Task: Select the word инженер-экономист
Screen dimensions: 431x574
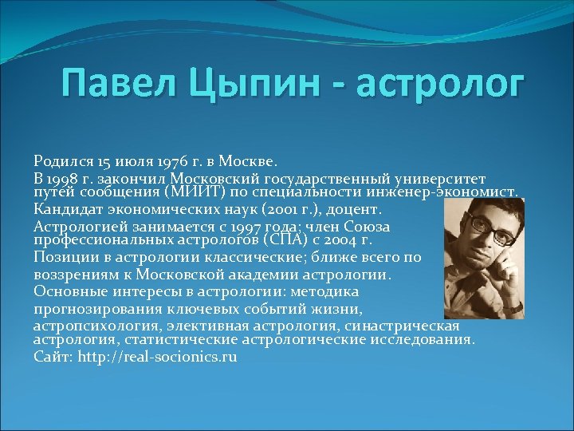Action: coord(453,192)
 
